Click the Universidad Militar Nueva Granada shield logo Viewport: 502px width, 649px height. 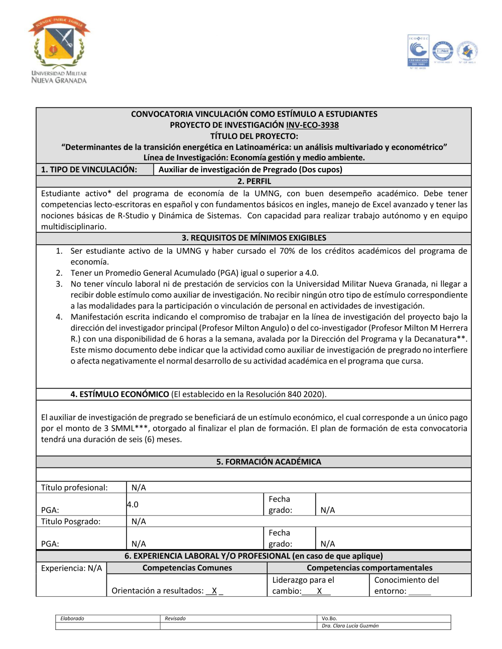tap(59, 49)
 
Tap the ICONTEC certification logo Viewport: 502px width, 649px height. tap(418, 52)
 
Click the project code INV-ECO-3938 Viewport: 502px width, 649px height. tap(312, 125)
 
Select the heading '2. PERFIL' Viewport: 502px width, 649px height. tap(254, 182)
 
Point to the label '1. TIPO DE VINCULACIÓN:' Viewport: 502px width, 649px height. tap(89, 170)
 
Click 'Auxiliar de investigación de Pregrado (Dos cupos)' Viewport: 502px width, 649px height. tap(250, 170)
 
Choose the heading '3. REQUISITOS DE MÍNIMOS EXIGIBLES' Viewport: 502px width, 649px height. tap(254, 238)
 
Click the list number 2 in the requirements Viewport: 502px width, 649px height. tap(59, 273)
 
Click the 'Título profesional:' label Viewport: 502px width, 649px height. tap(74, 488)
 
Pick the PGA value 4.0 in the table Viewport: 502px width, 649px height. tap(133, 505)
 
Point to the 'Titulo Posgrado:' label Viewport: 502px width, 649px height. tap(71, 522)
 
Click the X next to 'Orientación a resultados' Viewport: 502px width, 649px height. tap(214, 591)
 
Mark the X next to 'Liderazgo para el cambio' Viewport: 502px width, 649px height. tap(319, 591)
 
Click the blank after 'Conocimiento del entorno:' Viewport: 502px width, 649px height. tap(420, 591)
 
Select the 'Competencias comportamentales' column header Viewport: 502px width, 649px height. tap(369, 568)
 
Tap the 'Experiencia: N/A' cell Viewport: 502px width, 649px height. tap(71, 568)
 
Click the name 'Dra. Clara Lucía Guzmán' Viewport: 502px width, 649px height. tap(350, 626)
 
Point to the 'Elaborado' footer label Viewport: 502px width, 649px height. tap(72, 618)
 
